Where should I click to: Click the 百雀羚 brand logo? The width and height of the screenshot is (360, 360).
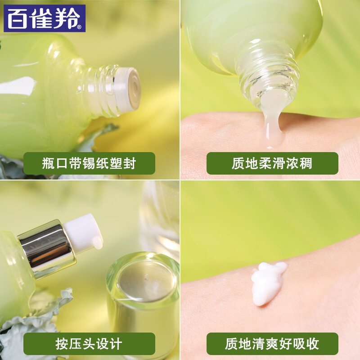pos(45,18)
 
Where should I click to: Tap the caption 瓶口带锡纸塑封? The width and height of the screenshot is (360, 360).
pos(89,163)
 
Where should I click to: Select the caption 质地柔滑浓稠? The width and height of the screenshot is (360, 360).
pos(272,163)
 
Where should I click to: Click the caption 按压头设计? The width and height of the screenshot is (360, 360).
pos(89,344)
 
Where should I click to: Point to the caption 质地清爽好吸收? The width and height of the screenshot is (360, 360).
pos(272,344)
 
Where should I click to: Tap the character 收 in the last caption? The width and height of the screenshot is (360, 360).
pos(313,344)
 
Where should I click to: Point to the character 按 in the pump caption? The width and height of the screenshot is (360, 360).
pos(62,344)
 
